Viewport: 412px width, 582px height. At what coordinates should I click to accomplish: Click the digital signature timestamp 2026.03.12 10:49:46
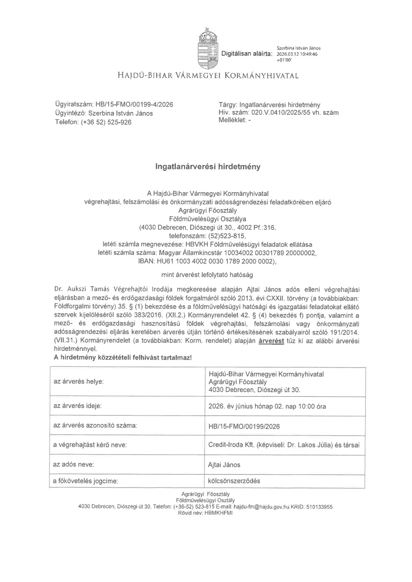pos(297,54)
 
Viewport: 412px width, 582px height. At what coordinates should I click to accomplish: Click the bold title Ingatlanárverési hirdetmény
pos(207,167)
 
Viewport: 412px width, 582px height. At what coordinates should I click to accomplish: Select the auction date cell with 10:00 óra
pos(267,406)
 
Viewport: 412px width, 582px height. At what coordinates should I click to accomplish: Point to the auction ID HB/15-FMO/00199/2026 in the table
pos(244,426)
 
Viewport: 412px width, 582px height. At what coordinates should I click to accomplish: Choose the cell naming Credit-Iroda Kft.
pos(284,445)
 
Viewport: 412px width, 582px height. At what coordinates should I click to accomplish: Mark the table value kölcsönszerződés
pos(234,481)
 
